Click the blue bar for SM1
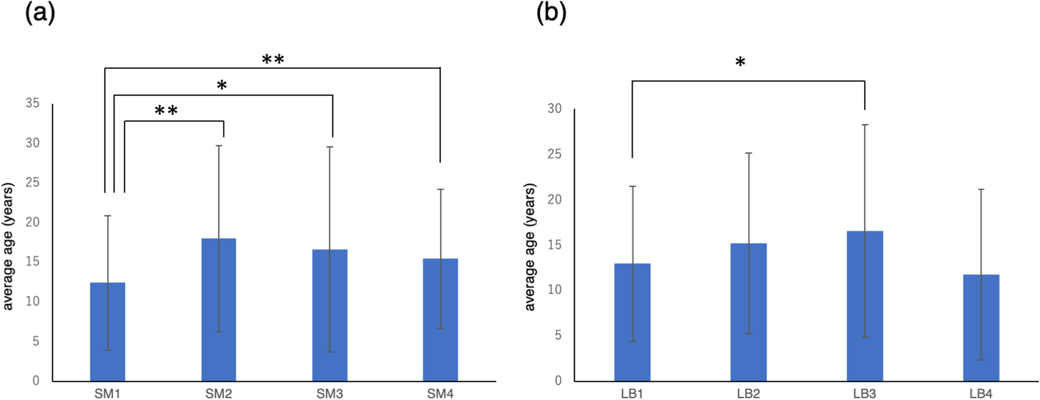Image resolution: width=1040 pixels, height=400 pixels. [x=107, y=332]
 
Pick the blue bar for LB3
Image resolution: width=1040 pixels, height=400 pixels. [x=865, y=306]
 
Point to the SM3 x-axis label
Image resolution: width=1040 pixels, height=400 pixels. [x=329, y=394]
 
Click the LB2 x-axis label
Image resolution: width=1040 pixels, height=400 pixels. [x=748, y=394]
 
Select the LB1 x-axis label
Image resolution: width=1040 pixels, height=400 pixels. [x=632, y=394]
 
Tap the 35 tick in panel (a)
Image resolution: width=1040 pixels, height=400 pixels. [x=33, y=103]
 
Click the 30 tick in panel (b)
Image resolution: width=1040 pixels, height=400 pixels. [x=554, y=108]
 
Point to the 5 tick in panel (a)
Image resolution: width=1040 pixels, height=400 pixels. [x=36, y=341]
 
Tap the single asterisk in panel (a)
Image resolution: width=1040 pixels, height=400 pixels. [x=222, y=86]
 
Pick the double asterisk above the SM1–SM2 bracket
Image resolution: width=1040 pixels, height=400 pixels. [x=166, y=111]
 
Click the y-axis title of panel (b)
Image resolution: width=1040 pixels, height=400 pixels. [x=529, y=247]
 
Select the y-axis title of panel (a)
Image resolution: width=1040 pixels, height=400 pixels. [x=8, y=247]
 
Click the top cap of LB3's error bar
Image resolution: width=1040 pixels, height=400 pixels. [x=865, y=125]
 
